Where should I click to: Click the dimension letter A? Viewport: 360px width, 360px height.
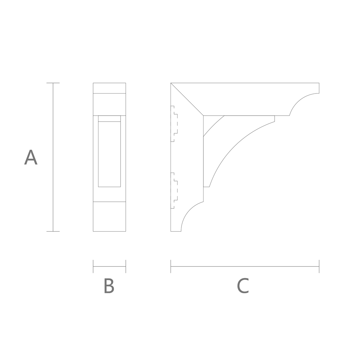click(x=31, y=157)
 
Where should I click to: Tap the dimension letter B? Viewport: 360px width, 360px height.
click(x=109, y=285)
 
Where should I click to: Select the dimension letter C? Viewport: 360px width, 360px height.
click(x=243, y=286)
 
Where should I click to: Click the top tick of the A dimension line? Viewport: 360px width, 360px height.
click(x=53, y=83)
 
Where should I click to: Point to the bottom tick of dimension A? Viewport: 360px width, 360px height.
click(x=53, y=231)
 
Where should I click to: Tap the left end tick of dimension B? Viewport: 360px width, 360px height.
click(x=93, y=266)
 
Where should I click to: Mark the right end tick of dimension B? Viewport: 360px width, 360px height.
click(x=126, y=266)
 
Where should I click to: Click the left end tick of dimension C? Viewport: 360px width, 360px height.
click(x=171, y=266)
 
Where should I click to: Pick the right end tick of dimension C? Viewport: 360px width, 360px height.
click(x=319, y=266)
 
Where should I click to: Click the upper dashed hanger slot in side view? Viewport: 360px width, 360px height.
click(x=174, y=124)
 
